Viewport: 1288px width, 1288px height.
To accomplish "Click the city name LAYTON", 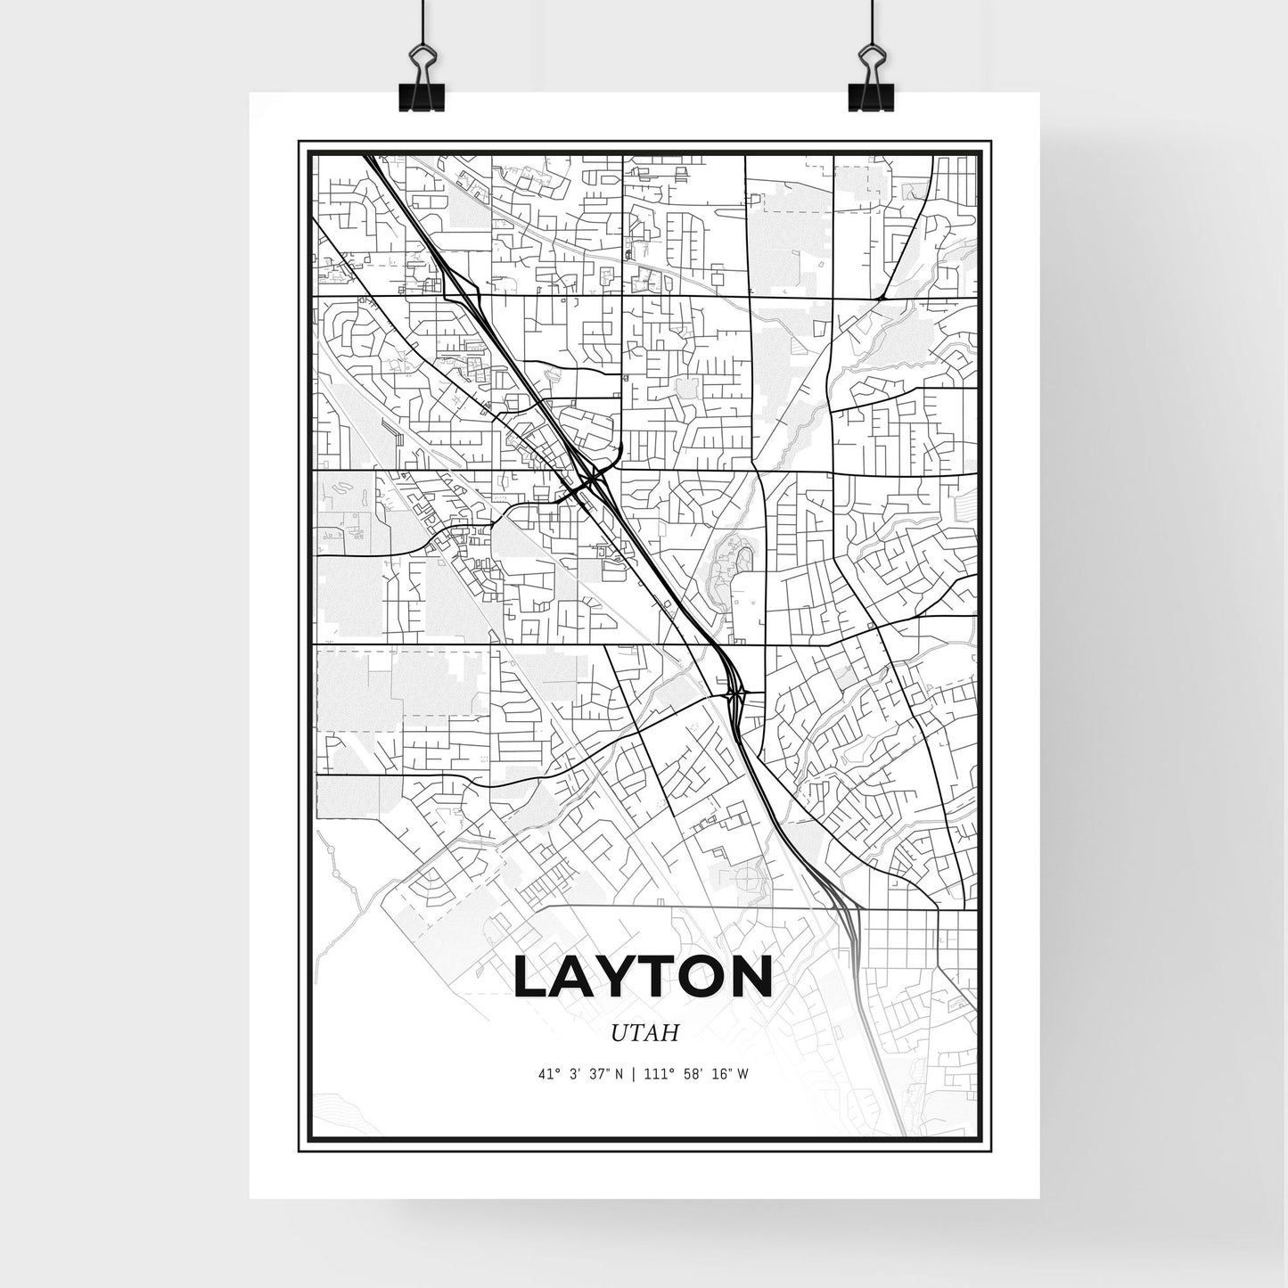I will click(643, 978).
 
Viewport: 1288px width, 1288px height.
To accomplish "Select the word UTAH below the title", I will click(645, 1033).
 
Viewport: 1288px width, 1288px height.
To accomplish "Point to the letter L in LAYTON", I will click(533, 978).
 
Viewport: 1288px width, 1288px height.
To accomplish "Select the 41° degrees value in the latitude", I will click(547, 1074).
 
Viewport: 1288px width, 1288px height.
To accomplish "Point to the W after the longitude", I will click(742, 1074).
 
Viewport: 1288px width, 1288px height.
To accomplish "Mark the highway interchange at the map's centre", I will click(592, 481).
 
